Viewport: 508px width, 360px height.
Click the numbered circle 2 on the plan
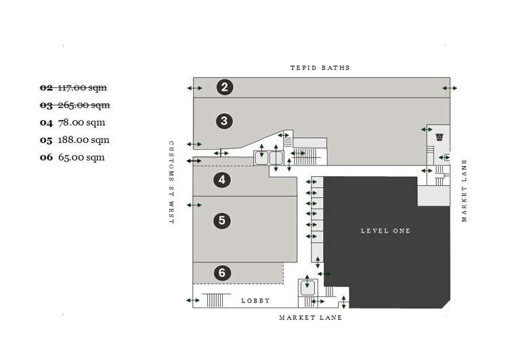tap(225, 87)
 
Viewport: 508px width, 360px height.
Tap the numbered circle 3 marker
tap(225, 121)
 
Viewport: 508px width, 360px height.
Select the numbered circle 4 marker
tap(221, 180)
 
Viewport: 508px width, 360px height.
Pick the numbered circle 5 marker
tap(221, 220)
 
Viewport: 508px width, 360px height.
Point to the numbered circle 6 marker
tap(221, 273)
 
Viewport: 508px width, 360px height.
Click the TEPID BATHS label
tap(320, 68)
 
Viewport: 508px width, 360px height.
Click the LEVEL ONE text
tap(385, 231)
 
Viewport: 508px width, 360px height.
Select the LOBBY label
tap(256, 300)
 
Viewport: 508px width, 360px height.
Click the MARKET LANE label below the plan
tap(311, 317)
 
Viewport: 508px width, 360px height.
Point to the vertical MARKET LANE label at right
tap(465, 190)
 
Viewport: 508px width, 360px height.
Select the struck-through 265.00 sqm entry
tap(83, 105)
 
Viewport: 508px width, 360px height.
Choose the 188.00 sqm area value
tap(83, 140)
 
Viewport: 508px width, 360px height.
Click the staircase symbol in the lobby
tap(217, 299)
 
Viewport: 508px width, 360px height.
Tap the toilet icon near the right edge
tap(439, 137)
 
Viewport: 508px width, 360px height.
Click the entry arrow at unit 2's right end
tap(450, 87)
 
